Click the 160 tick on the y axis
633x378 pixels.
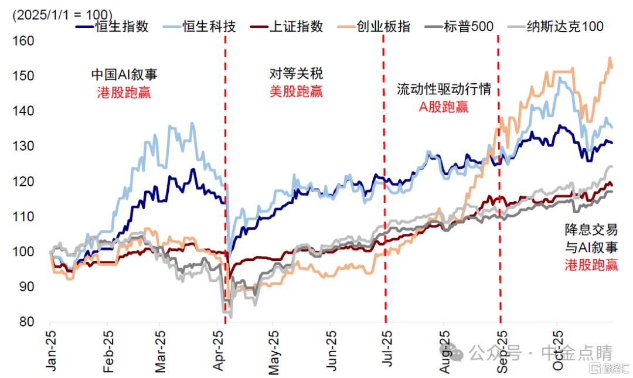click(24, 42)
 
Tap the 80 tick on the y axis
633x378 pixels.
click(27, 322)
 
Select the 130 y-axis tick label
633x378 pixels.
click(24, 147)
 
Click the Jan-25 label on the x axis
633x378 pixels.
click(52, 350)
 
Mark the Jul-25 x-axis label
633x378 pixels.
click(387, 350)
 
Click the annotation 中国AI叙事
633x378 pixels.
click(124, 74)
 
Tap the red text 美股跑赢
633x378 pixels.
click(296, 91)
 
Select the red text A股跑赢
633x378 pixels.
click(443, 106)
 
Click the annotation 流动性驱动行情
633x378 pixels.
click(444, 90)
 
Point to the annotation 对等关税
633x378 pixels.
click(296, 74)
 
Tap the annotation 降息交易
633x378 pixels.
click(591, 229)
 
